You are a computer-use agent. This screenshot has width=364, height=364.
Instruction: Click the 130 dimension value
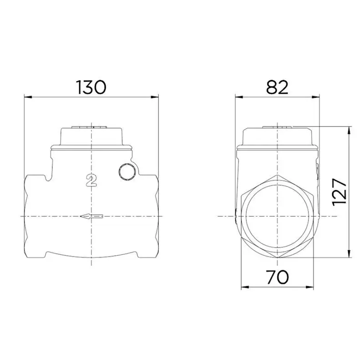[x=91, y=87]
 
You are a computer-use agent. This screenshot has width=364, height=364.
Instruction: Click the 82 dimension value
[x=278, y=87]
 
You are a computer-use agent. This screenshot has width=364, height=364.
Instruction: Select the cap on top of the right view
[x=278, y=136]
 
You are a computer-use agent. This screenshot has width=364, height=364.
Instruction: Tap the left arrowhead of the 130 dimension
[x=27, y=96]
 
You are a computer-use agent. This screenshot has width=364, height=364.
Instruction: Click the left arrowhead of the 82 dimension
[x=238, y=96]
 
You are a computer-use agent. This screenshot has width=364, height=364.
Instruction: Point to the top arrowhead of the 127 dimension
[x=349, y=129]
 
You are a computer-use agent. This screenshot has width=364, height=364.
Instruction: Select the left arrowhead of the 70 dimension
[x=244, y=287]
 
